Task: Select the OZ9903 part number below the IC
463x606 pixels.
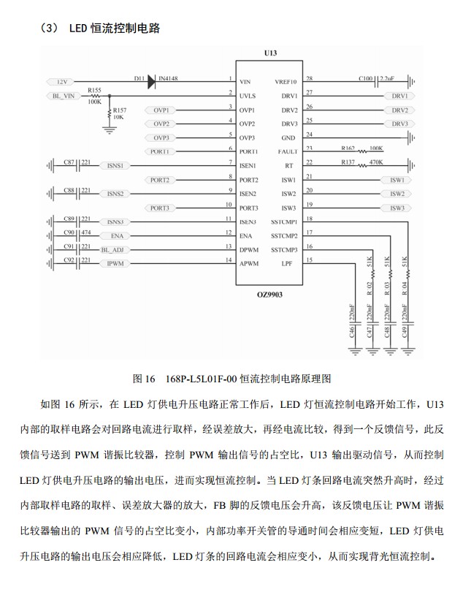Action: (x=269, y=294)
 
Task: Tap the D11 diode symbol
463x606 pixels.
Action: (x=151, y=82)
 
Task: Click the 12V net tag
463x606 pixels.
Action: (x=62, y=81)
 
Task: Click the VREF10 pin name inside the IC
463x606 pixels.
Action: (x=286, y=81)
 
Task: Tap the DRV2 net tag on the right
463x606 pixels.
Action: (x=399, y=110)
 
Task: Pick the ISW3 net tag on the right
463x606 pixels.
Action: (x=397, y=208)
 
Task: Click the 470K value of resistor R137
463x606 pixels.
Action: (x=376, y=162)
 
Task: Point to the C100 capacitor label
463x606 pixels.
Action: (x=366, y=77)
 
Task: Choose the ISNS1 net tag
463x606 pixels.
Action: (x=115, y=166)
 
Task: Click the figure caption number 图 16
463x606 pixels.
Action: (x=144, y=379)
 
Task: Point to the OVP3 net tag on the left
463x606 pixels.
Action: (x=161, y=137)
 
